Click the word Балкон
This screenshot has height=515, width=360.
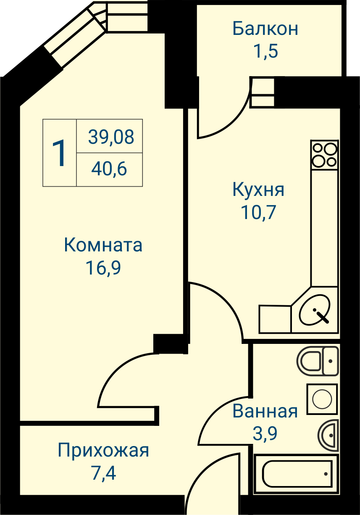(x=265, y=29)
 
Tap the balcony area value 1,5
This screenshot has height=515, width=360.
(x=266, y=51)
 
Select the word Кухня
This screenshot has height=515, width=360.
(x=258, y=190)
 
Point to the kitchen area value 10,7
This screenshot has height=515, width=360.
(x=258, y=212)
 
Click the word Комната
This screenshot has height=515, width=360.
(x=103, y=245)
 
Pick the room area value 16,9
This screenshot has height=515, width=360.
(x=103, y=268)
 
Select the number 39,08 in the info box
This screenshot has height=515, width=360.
(x=111, y=137)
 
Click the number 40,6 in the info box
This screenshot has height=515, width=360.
(x=109, y=169)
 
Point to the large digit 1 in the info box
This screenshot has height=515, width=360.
(x=60, y=153)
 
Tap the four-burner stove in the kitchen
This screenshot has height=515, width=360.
(x=324, y=155)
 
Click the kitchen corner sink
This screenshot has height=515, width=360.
(x=315, y=310)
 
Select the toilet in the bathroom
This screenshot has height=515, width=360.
(x=318, y=361)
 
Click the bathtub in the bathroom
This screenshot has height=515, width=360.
(x=297, y=474)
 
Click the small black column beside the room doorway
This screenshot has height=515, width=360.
(x=171, y=344)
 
